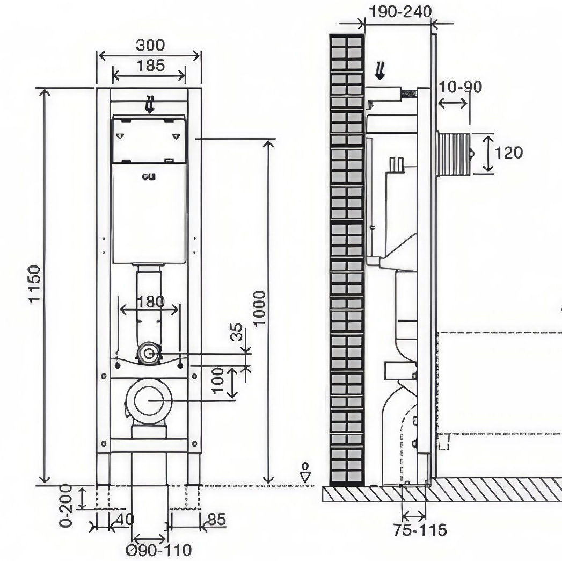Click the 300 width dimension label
150,45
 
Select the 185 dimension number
150,66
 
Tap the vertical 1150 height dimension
35,284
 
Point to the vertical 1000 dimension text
259,308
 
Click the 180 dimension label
150,301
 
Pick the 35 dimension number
237,332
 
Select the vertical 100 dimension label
217,381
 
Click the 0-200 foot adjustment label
66,505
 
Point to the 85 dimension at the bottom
217,520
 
